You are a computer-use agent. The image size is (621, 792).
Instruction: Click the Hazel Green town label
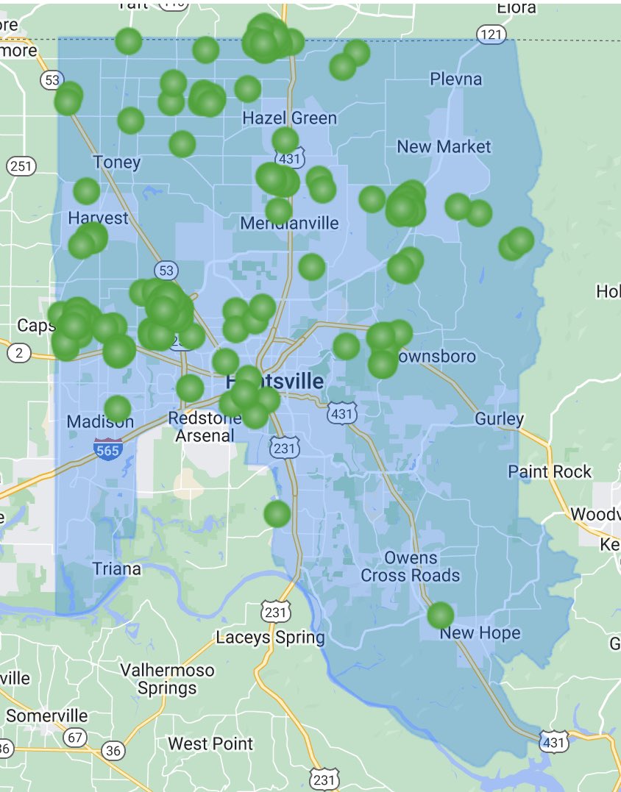pyautogui.click(x=289, y=118)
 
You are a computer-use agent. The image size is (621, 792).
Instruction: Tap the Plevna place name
pyautogui.click(x=455, y=79)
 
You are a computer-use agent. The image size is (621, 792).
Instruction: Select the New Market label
pyautogui.click(x=444, y=146)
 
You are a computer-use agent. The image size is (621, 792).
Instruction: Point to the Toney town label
pyautogui.click(x=116, y=162)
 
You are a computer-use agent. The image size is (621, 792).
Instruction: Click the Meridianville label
pyautogui.click(x=290, y=223)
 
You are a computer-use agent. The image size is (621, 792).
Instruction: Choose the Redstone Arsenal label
pyautogui.click(x=205, y=427)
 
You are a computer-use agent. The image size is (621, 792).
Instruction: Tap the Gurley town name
pyautogui.click(x=499, y=419)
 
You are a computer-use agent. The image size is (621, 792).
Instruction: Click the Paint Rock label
pyautogui.click(x=550, y=471)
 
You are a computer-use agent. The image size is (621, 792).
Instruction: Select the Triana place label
pyautogui.click(x=116, y=568)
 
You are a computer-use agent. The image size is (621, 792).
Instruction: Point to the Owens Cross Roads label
pyautogui.click(x=411, y=566)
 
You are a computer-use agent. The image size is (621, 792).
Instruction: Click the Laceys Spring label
pyautogui.click(x=270, y=638)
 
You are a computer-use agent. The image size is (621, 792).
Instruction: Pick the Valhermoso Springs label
pyautogui.click(x=167, y=679)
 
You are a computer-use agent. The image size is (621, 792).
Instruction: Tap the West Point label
pyautogui.click(x=210, y=744)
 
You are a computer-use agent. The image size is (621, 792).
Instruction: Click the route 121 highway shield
pyautogui.click(x=491, y=34)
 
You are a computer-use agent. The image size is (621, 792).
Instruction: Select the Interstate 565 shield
pyautogui.click(x=107, y=449)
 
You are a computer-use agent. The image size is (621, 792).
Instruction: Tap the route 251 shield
pyautogui.click(x=21, y=165)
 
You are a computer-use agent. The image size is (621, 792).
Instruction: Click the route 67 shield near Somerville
pyautogui.click(x=74, y=738)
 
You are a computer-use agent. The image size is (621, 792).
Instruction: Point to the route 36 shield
pyautogui.click(x=113, y=750)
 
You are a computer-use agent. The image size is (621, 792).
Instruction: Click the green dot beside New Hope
pyautogui.click(x=440, y=615)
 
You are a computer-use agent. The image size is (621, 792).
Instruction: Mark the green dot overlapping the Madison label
pyautogui.click(x=118, y=408)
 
